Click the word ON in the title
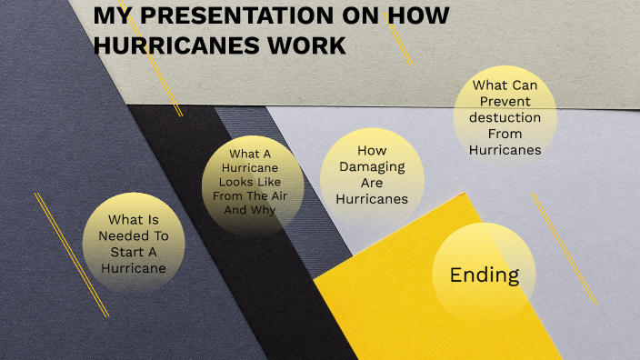[324, 17]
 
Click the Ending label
[485, 275]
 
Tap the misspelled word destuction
[505, 117]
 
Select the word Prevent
[506, 101]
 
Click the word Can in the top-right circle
[525, 85]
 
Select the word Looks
[233, 182]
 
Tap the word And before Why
[236, 210]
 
